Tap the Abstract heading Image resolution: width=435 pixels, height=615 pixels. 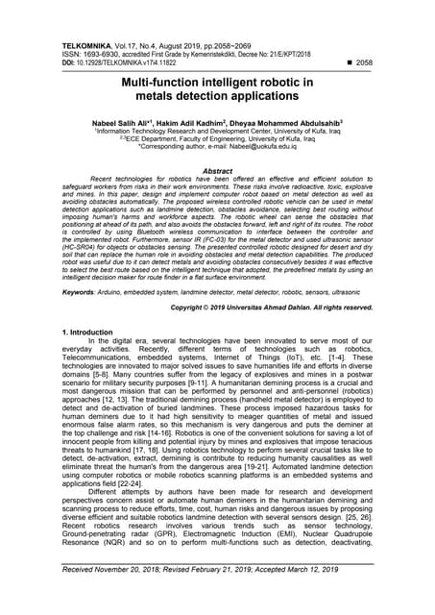point(217,170)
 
